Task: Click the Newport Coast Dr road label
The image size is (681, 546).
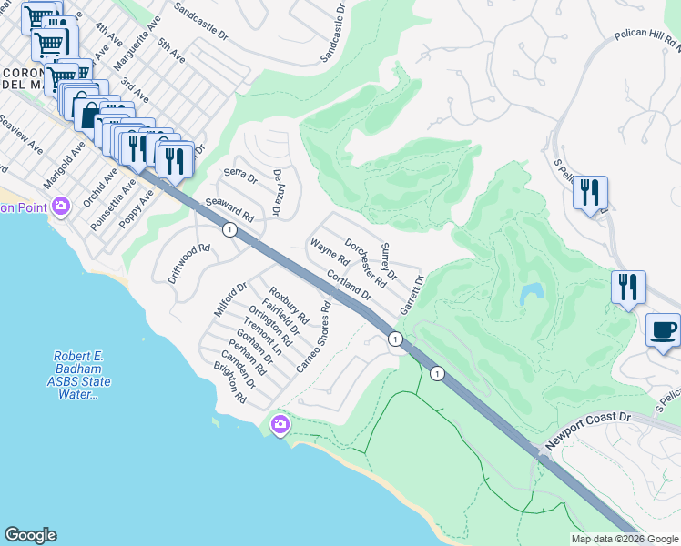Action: point(587,430)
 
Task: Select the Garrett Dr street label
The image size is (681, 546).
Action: point(412,293)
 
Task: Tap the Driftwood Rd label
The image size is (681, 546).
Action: point(189,260)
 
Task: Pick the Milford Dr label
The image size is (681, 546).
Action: point(230,299)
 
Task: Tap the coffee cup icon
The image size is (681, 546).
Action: point(663,329)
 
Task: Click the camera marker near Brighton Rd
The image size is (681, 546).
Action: point(280,423)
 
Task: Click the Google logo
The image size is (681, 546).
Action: point(30,535)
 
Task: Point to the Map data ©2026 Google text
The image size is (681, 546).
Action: point(625,539)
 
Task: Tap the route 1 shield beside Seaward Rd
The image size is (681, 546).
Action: point(229,230)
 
